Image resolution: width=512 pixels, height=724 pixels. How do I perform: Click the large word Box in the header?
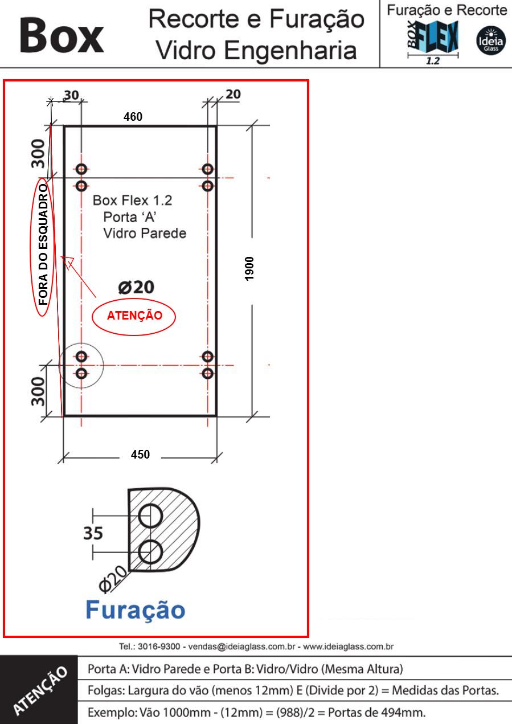coord(62,35)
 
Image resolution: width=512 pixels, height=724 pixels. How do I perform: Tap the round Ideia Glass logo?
coord(491,40)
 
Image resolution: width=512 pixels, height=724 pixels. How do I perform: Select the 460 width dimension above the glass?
coord(133,117)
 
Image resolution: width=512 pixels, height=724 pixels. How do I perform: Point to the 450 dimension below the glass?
coord(140,455)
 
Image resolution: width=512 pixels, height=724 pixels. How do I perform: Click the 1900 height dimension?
coord(249,269)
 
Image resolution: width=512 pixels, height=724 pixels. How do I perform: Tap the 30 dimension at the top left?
coord(71,95)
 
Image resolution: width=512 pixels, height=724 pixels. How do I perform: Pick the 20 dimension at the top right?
coord(233,95)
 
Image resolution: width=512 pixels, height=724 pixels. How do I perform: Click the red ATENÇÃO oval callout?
coord(134,316)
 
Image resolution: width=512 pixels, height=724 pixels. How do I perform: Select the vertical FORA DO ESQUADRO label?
coord(43,245)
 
